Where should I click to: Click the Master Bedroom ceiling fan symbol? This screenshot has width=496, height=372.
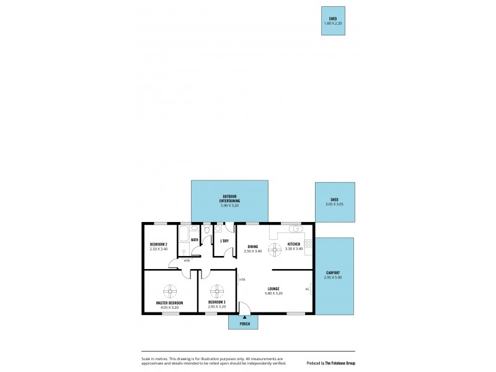[x=169, y=291]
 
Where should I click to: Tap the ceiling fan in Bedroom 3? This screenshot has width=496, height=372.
[x=216, y=291]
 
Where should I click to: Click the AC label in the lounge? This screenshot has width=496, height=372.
[x=307, y=288]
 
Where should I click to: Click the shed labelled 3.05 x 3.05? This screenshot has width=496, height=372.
[x=335, y=201]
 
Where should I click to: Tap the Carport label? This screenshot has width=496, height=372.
[x=333, y=273]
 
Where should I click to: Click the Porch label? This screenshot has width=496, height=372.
[x=244, y=324]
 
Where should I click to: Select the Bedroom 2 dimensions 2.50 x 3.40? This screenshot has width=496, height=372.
[x=159, y=249]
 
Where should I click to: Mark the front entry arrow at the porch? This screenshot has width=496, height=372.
[x=244, y=316]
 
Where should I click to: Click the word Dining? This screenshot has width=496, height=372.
[x=252, y=246]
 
